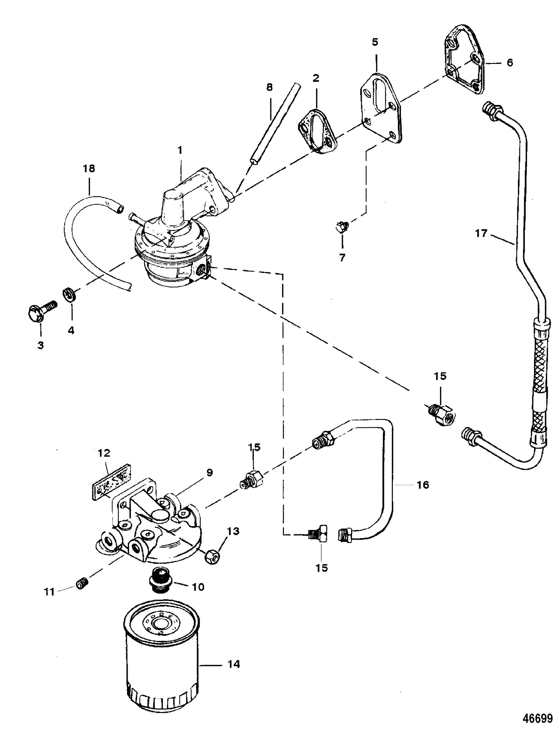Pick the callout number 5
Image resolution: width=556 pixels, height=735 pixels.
(375, 42)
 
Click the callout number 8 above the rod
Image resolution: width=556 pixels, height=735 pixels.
(269, 87)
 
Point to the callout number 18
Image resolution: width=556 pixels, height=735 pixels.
(89, 169)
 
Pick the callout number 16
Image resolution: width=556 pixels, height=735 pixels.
(423, 485)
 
